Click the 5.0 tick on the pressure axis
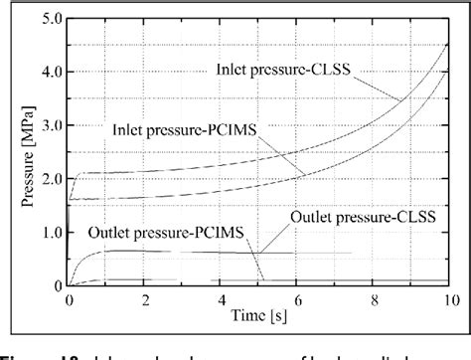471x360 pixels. point(50,19)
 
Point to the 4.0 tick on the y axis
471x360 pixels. point(50,72)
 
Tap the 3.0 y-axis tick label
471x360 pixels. point(50,125)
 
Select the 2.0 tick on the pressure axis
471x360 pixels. point(50,179)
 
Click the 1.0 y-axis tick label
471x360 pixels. point(50,233)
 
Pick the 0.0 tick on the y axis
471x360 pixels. point(50,286)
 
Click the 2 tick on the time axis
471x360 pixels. point(146,299)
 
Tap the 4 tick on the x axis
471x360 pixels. point(224,299)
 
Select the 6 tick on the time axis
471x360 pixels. point(301,299)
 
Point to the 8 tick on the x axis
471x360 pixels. point(379,299)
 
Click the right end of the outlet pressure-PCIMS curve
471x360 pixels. point(379,253)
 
